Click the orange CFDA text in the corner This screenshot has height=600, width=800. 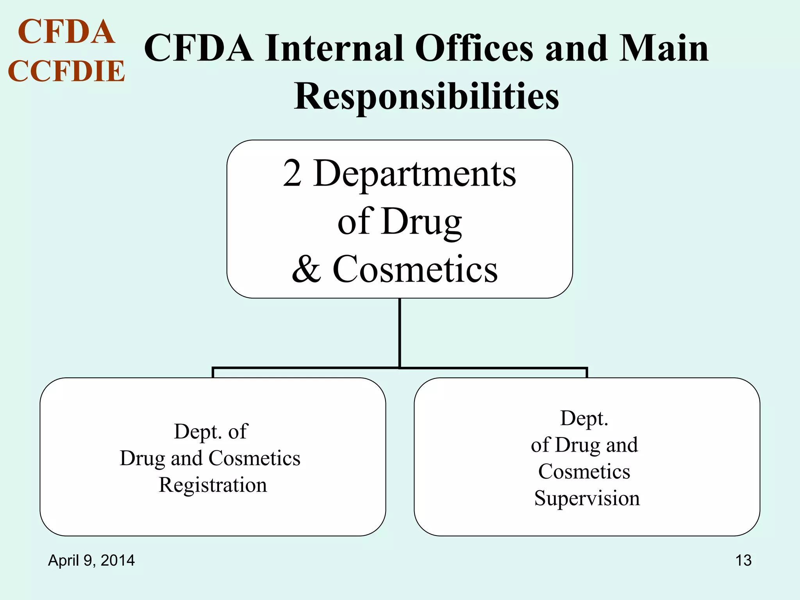pyautogui.click(x=66, y=32)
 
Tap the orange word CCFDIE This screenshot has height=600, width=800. pyautogui.click(x=66, y=71)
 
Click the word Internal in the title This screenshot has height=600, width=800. pyautogui.click(x=334, y=48)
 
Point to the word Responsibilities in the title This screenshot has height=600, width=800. pyautogui.click(x=426, y=96)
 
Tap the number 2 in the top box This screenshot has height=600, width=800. pyautogui.click(x=292, y=173)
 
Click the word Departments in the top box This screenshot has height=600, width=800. pyautogui.click(x=414, y=173)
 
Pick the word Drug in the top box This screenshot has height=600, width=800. pyautogui.click(x=422, y=221)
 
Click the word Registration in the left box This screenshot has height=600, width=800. pyautogui.click(x=213, y=485)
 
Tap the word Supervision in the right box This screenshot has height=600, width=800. pyautogui.click(x=587, y=498)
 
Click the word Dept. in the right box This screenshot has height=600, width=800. pyautogui.click(x=584, y=418)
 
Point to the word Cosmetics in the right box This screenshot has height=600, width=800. pyautogui.click(x=584, y=471)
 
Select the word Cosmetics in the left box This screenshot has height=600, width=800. pyautogui.click(x=255, y=458)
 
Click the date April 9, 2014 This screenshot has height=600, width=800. pyautogui.click(x=91, y=560)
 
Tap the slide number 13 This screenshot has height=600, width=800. pyautogui.click(x=743, y=560)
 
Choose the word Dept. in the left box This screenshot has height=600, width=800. pyautogui.click(x=194, y=432)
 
